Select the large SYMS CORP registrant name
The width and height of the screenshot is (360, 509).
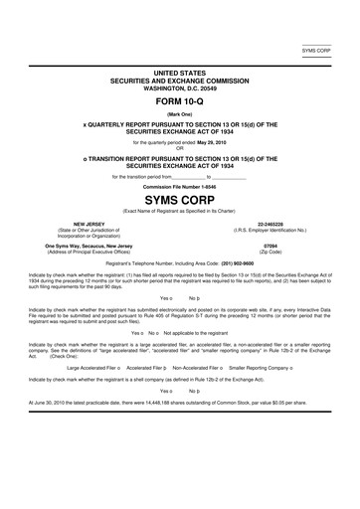coord(180,200)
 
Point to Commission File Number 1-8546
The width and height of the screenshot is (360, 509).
coord(180,186)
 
